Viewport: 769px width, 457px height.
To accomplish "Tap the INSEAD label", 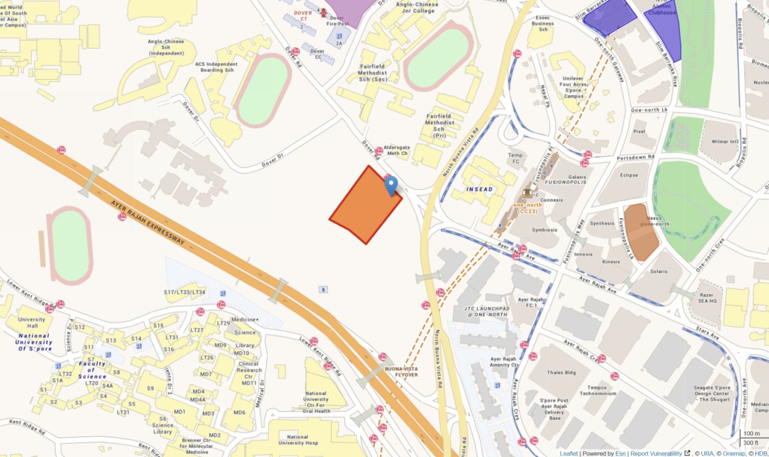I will coord(479,189).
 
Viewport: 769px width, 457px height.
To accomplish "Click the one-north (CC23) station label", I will coord(527,208).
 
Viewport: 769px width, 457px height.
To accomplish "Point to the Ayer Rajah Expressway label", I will coord(148,223).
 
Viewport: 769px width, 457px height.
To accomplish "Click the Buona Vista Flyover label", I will coord(402,372).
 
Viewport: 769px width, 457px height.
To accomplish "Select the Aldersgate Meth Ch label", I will coord(397,150).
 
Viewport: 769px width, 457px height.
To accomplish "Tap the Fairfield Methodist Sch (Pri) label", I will coord(439,126).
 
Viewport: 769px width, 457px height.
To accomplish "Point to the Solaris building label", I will coord(658,271).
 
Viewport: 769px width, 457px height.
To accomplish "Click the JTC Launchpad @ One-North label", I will coord(486,312).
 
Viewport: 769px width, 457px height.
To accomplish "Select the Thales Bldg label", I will coord(561,372).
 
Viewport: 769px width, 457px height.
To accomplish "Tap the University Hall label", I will coord(32,322).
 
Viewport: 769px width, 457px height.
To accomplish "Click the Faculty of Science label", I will coord(91,370).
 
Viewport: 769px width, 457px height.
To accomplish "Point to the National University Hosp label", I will coord(298,440).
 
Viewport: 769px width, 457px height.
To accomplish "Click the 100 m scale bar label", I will coord(751,433).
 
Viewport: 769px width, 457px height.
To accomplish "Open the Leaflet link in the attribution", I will coord(569,453).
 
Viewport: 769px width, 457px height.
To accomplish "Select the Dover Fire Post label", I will coord(337,21).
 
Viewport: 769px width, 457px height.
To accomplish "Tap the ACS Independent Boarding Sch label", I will coord(216,67).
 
